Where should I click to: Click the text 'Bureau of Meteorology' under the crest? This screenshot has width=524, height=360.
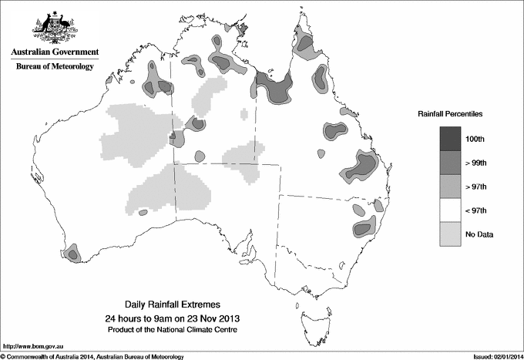(54, 67)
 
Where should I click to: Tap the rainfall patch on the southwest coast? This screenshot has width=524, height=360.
(72, 252)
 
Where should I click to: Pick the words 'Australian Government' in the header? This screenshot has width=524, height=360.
(54, 52)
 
